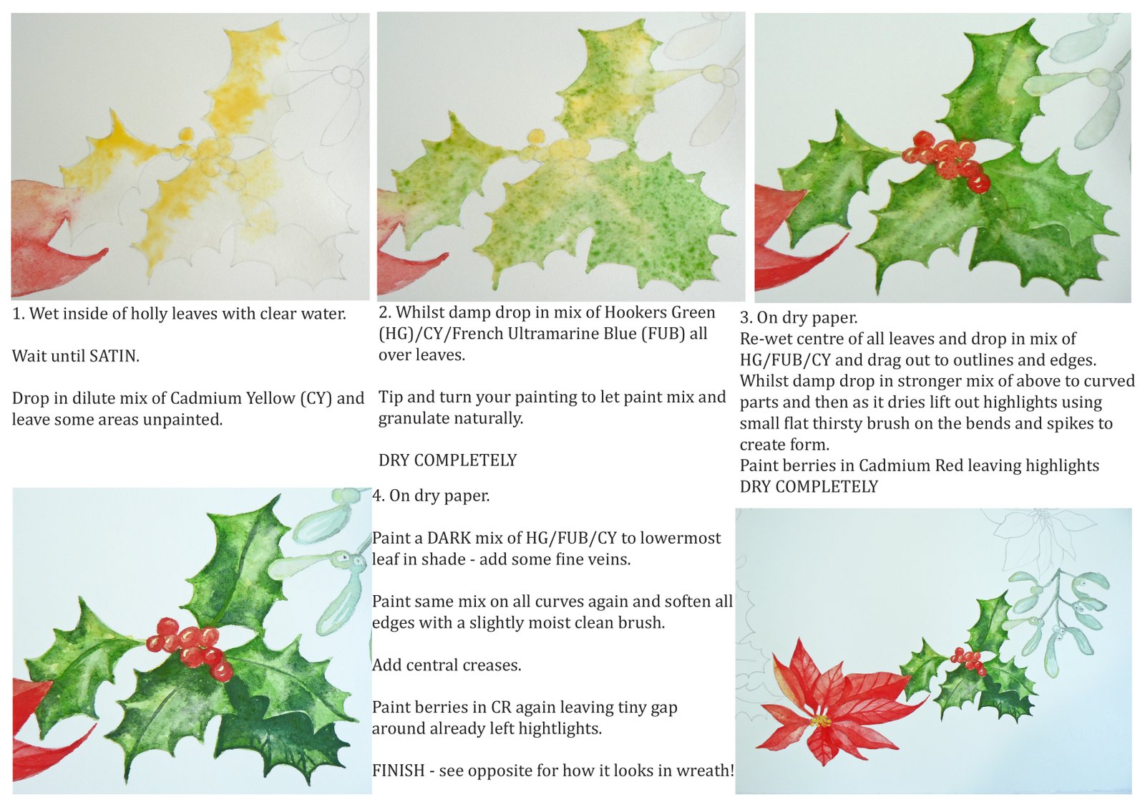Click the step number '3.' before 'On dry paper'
tap(746, 318)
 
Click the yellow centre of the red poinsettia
tap(822, 721)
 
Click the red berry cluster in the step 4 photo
tap(190, 647)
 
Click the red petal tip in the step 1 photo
tap(104, 251)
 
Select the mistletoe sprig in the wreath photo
tap(1058, 619)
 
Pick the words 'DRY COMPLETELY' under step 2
tap(448, 461)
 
